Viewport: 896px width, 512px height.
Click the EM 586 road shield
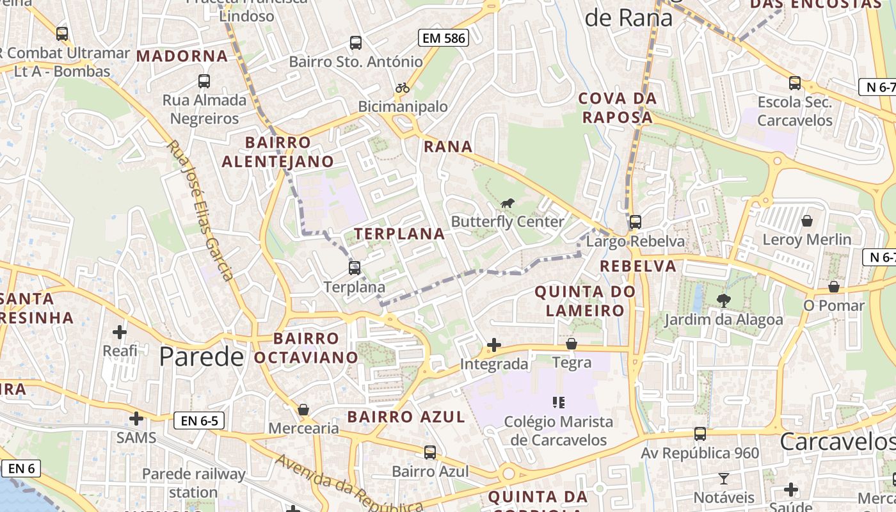444,38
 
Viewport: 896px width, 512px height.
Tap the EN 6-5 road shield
199,420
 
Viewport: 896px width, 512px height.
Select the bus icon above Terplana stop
355,268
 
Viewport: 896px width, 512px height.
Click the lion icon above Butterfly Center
508,204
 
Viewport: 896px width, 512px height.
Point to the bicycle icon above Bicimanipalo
403,88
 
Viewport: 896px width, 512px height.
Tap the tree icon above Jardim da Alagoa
724,300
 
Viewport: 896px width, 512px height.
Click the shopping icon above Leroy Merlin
807,221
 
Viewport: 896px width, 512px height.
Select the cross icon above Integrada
493,346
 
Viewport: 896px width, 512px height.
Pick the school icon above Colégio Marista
559,403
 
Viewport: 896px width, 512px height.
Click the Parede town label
201,356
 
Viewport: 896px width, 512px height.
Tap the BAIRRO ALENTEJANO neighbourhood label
278,152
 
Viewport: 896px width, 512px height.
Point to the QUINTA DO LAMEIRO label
585,301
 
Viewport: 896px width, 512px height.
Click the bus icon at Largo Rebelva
635,222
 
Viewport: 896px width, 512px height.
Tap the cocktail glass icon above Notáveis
724,478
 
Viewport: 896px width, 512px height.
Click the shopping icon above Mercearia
303,410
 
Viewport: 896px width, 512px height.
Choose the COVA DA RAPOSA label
618,108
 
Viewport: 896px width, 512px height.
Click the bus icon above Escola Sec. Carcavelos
794,83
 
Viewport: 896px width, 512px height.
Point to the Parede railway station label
193,483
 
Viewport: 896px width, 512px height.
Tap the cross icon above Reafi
120,332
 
